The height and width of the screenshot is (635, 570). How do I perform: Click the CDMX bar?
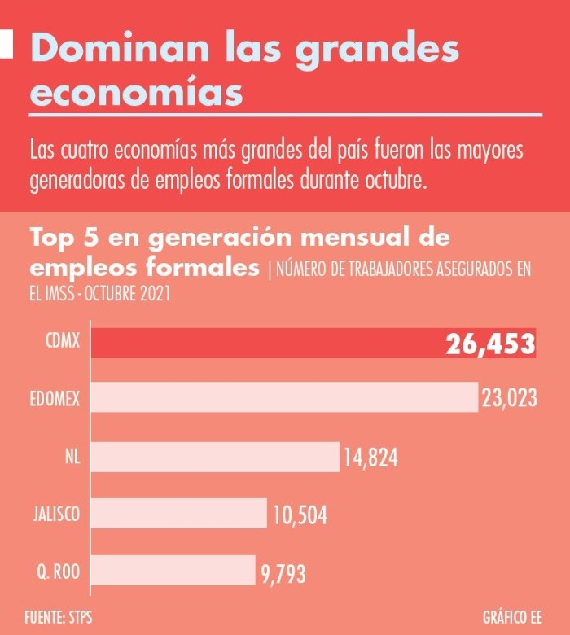coord(269,344)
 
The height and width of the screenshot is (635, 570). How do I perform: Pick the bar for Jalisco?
coord(178,514)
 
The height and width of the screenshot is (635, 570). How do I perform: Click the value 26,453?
coord(489,344)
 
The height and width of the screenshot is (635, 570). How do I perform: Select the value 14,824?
coord(370,458)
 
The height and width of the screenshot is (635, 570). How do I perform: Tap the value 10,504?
coord(300,515)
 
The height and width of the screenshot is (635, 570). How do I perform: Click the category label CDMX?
coord(63,342)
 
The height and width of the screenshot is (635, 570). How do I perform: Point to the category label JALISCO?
coord(55,515)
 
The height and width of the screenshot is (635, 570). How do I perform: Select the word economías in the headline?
coord(136,92)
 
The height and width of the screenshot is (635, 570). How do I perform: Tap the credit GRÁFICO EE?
coord(511,615)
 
